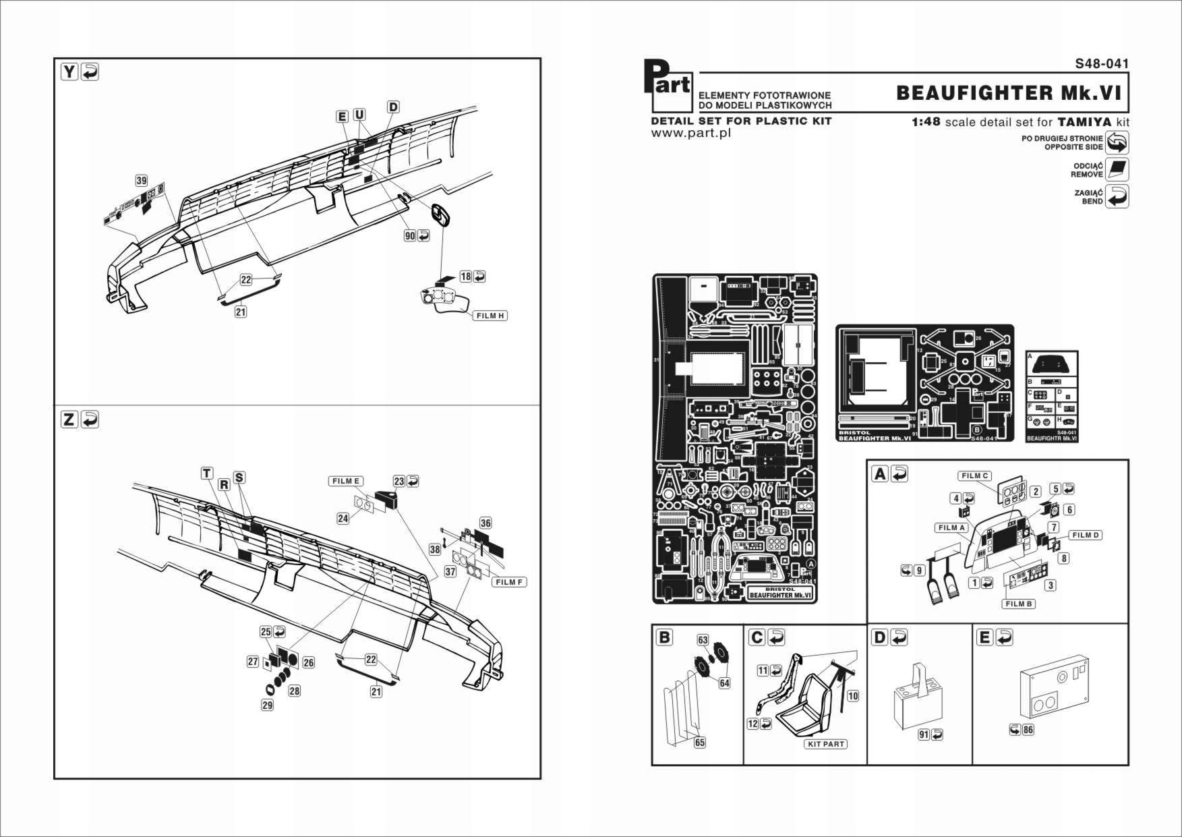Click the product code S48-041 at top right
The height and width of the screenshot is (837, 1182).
[x=1102, y=63]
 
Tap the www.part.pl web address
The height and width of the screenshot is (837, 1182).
[x=690, y=133]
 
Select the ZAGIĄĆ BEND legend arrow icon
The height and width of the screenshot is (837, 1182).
[x=1117, y=196]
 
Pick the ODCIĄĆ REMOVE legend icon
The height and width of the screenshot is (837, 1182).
[x=1117, y=169]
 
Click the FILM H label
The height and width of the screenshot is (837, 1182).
[x=490, y=316]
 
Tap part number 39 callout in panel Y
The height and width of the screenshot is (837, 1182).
[x=141, y=180]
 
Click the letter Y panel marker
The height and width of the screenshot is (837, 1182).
[x=69, y=71]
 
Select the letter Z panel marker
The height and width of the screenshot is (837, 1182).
[x=69, y=420]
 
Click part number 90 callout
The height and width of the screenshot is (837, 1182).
[x=410, y=235]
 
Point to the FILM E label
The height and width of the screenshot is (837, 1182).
[x=346, y=481]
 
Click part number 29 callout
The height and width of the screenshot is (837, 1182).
[x=268, y=705]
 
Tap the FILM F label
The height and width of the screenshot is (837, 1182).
[x=509, y=582]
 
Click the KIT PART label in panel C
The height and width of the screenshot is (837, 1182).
[x=825, y=744]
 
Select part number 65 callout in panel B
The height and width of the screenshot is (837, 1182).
[x=700, y=743]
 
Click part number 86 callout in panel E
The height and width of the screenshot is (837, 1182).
[x=1028, y=729]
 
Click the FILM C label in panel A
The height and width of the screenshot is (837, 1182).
[x=974, y=475]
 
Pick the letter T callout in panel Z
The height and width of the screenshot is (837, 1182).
[x=207, y=473]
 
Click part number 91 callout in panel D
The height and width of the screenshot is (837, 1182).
[x=923, y=734]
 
